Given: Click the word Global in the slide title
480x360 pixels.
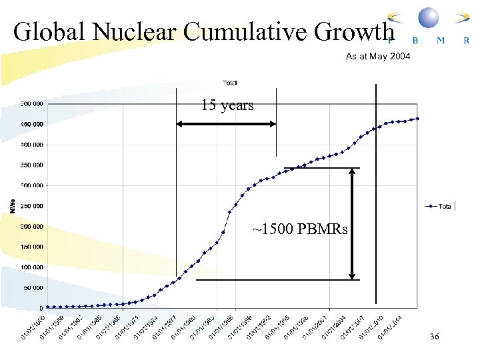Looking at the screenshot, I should coord(50,32).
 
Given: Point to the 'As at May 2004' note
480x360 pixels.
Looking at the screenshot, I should coord(378,57).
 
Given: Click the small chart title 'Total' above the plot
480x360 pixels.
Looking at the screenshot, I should coord(229,83).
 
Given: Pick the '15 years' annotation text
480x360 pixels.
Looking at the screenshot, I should coord(227,105).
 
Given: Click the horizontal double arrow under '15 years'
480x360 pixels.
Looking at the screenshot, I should coord(226,123).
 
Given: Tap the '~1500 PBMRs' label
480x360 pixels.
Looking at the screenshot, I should coord(299,230).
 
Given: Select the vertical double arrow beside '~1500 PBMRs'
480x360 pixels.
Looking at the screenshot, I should coord(353,223).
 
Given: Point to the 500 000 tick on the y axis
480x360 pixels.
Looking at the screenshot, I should coord(31,103).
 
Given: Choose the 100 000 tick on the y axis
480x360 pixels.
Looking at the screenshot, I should coord(31,267).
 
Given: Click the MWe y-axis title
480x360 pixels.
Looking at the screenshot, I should coord(11,205).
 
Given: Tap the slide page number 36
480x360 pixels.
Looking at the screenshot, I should coord(435,338).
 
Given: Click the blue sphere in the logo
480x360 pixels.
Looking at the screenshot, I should coord(428,17).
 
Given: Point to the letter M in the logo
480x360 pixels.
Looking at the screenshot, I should coord(440,40).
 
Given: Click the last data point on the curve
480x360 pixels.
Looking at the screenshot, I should coord(417,119).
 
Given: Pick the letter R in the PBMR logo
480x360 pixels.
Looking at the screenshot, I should coord(466,40).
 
